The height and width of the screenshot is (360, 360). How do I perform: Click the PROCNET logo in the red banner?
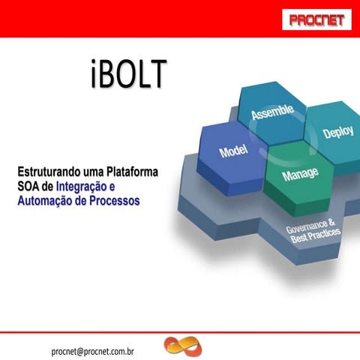point(315,19)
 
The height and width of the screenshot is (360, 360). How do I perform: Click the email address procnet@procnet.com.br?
point(92,349)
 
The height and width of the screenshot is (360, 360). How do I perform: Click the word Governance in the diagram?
point(310,224)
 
